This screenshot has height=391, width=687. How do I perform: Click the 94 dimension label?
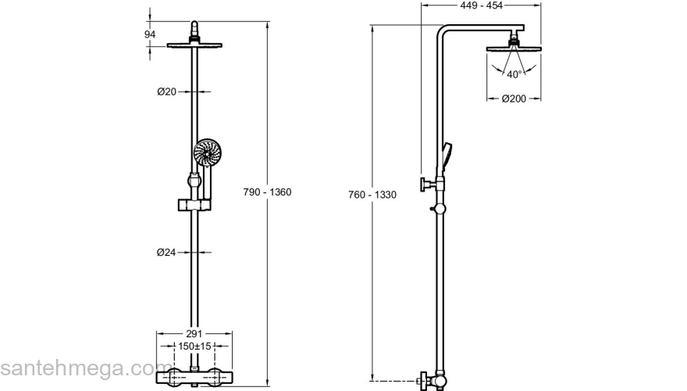click(151, 34)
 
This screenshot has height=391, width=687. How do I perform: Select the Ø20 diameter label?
click(166, 91)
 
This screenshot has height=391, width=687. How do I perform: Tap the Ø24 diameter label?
click(166, 252)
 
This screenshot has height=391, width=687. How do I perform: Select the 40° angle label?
click(514, 75)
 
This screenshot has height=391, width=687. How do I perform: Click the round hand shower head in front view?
click(208, 152)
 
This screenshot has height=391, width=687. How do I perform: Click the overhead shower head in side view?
click(514, 48)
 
